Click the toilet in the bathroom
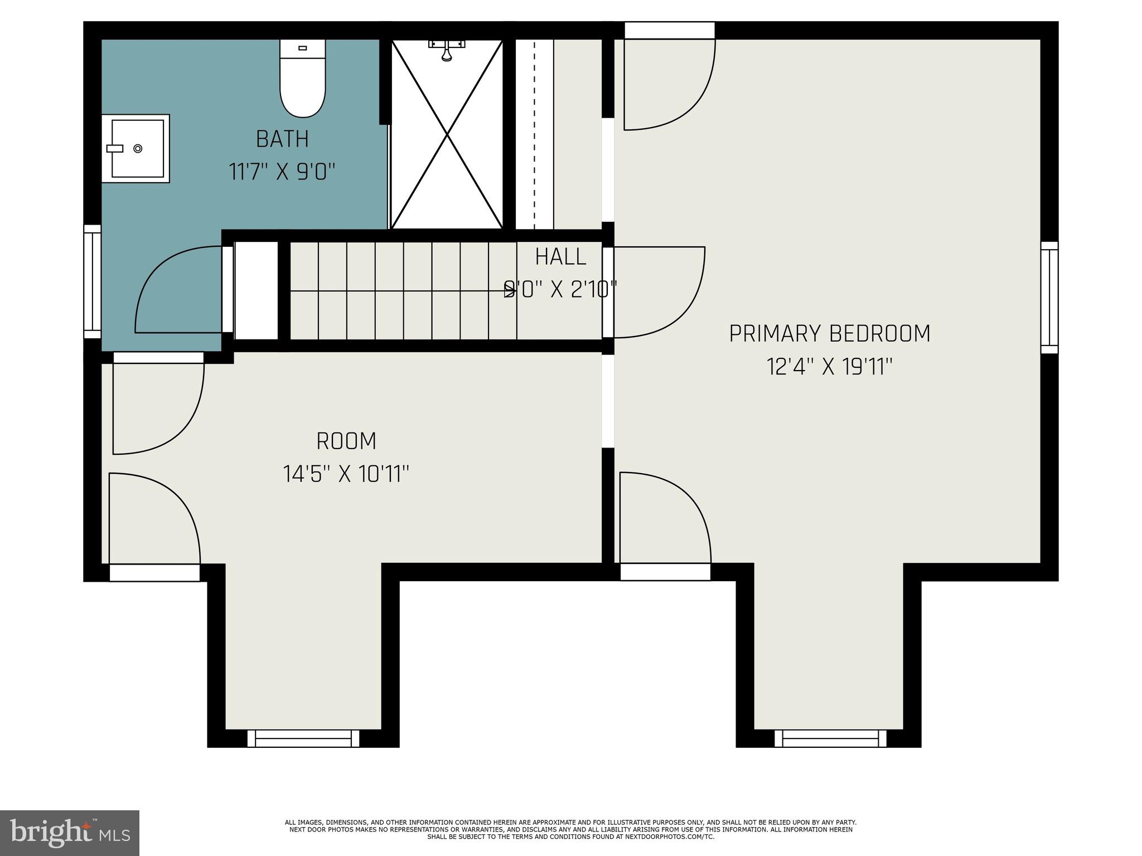pyautogui.click(x=302, y=81)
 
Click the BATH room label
pyautogui.click(x=282, y=139)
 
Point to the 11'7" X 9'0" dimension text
pyautogui.click(x=282, y=172)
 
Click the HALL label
pyautogui.click(x=560, y=257)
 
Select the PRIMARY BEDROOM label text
pyautogui.click(x=830, y=333)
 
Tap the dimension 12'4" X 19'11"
pyautogui.click(x=830, y=367)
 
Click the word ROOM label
pyautogui.click(x=346, y=441)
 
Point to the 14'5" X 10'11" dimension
pyautogui.click(x=346, y=475)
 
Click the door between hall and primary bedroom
pyautogui.click(x=658, y=293)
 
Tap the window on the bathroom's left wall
pyautogui.click(x=92, y=281)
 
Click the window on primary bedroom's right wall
pyautogui.click(x=1049, y=298)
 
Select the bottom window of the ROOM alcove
pyautogui.click(x=303, y=738)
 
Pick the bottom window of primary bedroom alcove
pyautogui.click(x=830, y=738)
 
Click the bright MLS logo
pyautogui.click(x=70, y=833)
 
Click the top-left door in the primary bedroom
pyautogui.click(x=669, y=84)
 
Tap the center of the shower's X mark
pyautogui.click(x=447, y=134)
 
